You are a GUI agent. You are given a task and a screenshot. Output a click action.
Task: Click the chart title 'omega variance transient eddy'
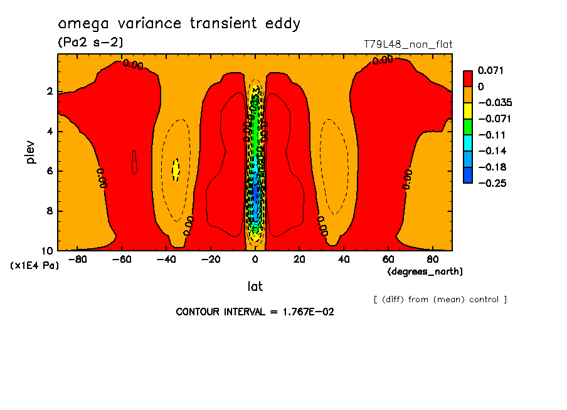pyautogui.click(x=179, y=24)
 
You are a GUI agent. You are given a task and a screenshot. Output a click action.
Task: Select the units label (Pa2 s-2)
pyautogui.click(x=90, y=43)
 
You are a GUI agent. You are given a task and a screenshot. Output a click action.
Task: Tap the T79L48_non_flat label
pyautogui.click(x=408, y=45)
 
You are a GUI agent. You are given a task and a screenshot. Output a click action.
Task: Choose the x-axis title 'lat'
pyautogui.click(x=255, y=286)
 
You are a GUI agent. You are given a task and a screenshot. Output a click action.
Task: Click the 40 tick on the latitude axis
pyautogui.click(x=344, y=259)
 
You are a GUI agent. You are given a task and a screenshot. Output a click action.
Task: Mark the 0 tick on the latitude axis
pyautogui.click(x=255, y=259)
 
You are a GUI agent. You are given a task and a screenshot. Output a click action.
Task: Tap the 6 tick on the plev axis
pyautogui.click(x=50, y=171)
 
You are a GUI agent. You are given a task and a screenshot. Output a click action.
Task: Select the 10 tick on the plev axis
pyautogui.click(x=48, y=250)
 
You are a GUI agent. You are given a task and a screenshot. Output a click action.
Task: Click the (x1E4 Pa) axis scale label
pyautogui.click(x=34, y=266)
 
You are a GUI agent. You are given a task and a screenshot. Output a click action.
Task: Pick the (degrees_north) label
pyautogui.click(x=425, y=271)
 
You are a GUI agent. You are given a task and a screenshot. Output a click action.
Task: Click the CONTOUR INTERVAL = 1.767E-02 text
pyautogui.click(x=255, y=312)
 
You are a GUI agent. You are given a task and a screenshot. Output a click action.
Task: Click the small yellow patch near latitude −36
pyautogui.click(x=176, y=169)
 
